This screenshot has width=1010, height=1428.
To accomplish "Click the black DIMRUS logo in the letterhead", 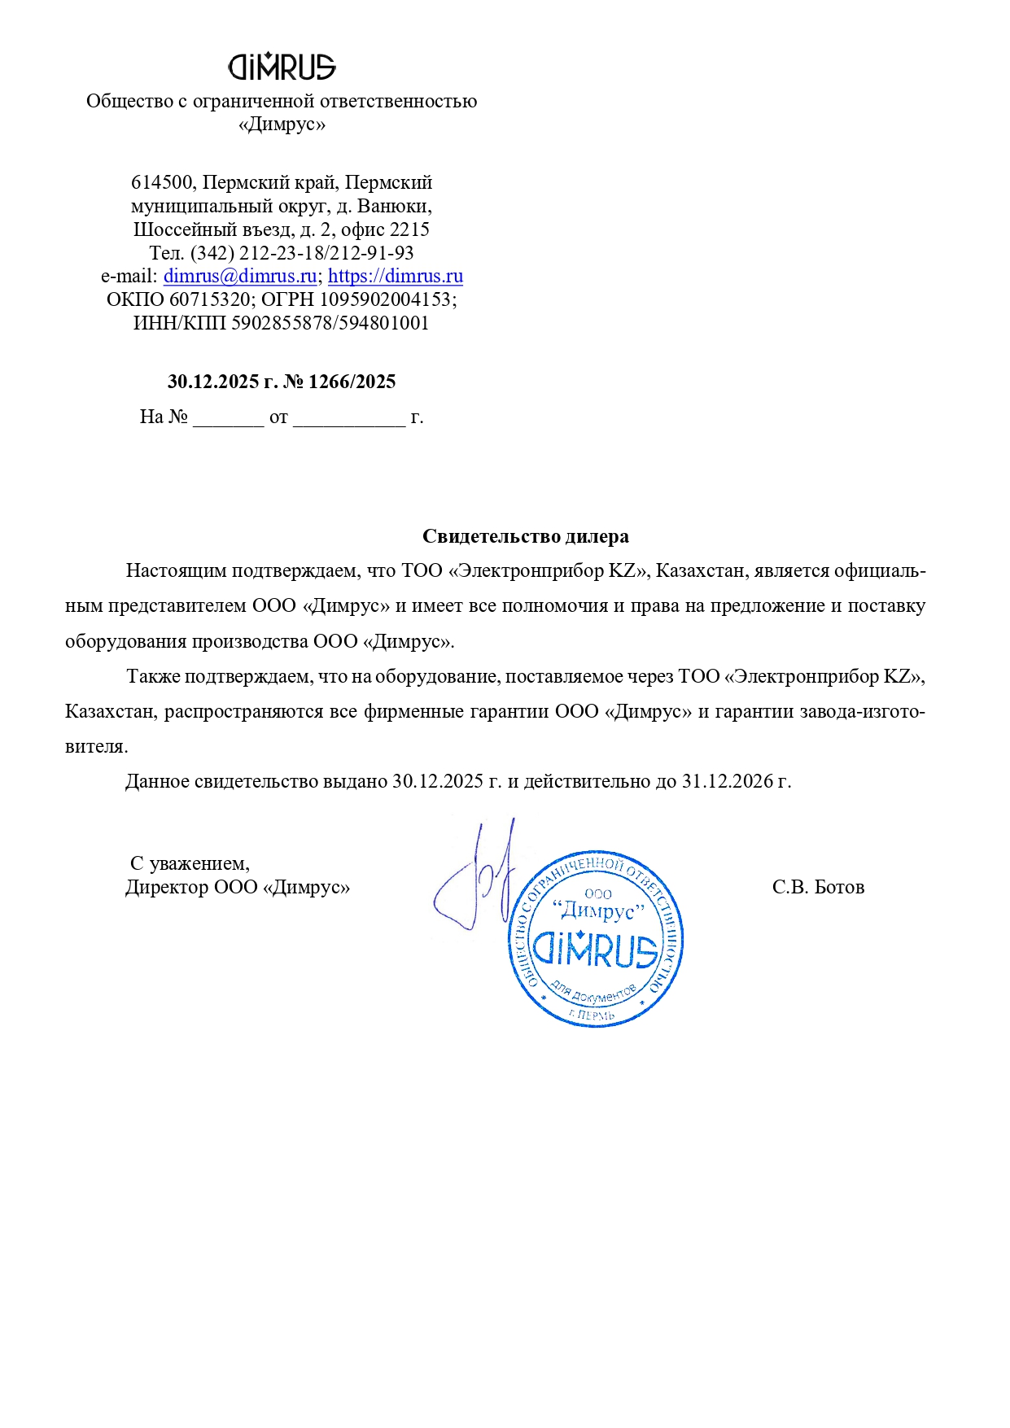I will pos(282,67).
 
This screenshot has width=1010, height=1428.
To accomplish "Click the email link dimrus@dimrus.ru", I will pos(240,276).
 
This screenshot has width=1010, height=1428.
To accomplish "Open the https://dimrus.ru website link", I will pos(396,276).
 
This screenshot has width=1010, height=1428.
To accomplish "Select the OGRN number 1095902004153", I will pos(385,299).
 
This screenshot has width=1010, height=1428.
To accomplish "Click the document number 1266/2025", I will pos(352,382).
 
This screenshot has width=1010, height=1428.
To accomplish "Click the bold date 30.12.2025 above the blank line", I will pos(212,382).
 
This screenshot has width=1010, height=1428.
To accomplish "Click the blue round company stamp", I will pos(596,940).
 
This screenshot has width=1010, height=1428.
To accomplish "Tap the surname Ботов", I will pos(839,887).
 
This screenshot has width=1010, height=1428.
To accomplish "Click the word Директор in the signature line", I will pos(167,887).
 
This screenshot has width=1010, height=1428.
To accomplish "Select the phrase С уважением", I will pos(190,863).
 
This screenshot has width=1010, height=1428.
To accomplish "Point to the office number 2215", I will pos(409,229).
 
